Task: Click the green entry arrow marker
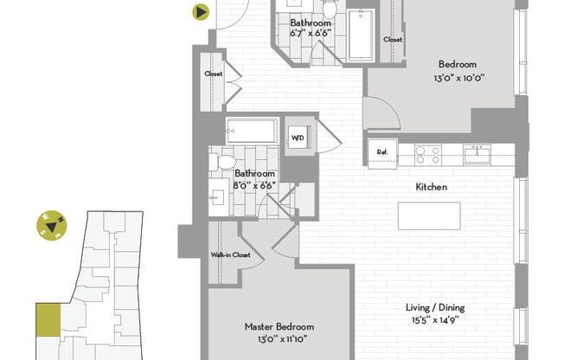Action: tap(201, 12)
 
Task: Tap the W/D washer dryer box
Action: tap(298, 138)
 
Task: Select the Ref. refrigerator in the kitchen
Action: tap(381, 152)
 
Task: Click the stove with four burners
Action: tap(426, 154)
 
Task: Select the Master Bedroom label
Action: tap(279, 326)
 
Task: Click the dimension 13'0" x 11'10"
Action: tap(279, 338)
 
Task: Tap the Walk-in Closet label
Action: tap(230, 255)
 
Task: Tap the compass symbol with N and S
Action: tap(51, 226)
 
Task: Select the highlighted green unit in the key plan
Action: tap(47, 320)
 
